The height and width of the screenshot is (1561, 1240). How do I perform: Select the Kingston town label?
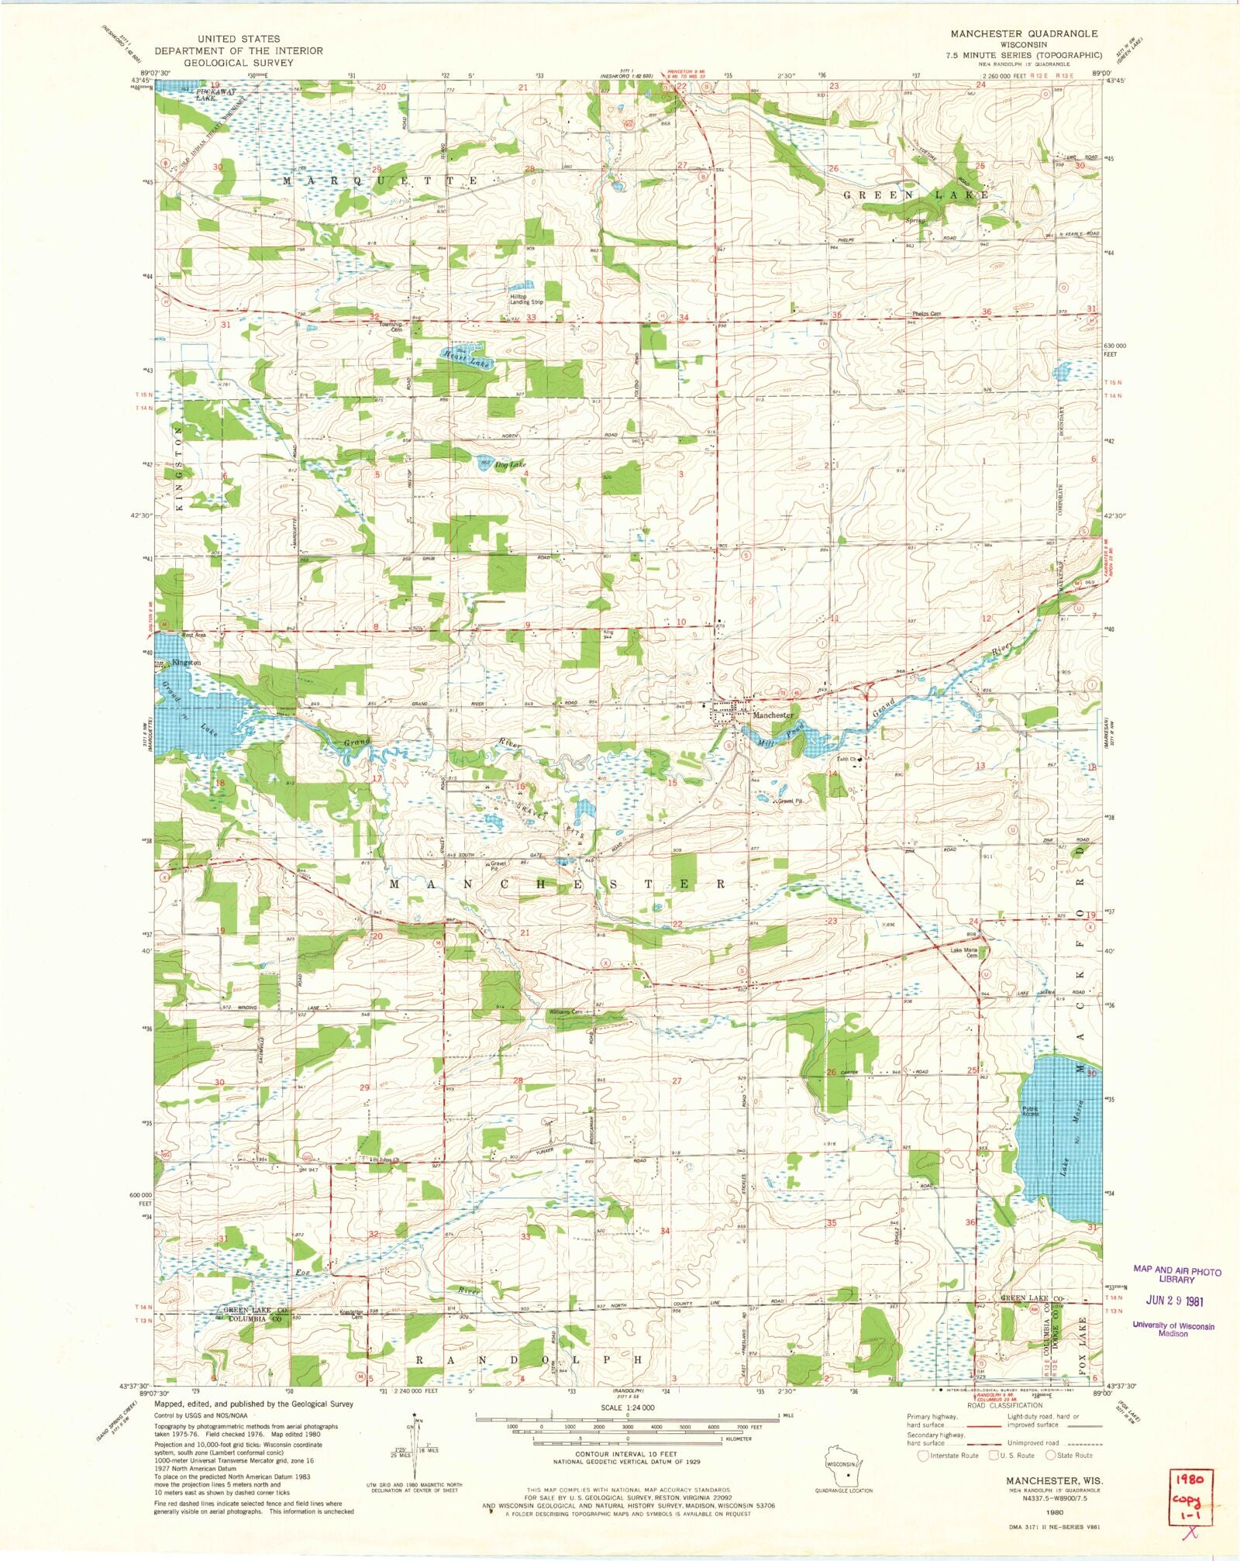(x=187, y=663)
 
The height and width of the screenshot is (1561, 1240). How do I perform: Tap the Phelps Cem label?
(x=926, y=314)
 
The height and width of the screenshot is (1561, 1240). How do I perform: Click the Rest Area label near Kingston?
(x=194, y=636)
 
